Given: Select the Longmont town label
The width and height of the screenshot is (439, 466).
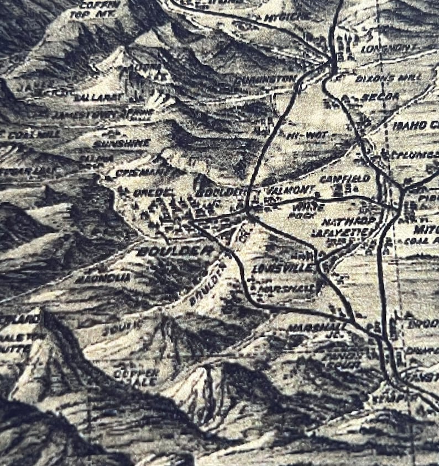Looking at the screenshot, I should pos(386,49).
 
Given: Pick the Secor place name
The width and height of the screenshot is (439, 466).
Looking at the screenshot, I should pos(372,97).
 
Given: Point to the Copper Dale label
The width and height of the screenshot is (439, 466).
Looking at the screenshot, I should pos(135,377).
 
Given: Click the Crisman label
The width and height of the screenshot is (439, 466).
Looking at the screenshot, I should pos(143,172).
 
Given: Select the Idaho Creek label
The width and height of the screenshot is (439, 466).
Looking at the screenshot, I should pos(416,125).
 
